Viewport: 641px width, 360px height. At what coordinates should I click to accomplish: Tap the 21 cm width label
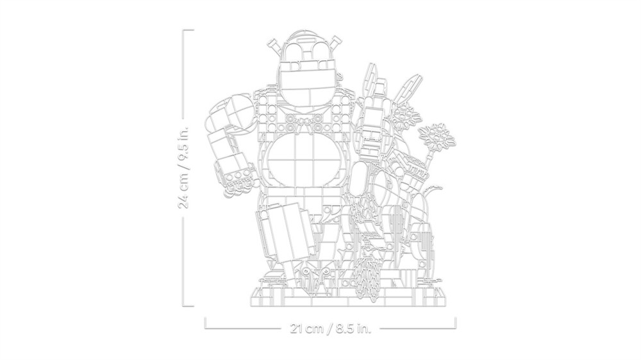point(306,328)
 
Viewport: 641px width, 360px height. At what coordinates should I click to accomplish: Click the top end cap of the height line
point(188,30)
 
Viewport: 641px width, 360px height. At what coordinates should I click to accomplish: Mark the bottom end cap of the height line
point(188,306)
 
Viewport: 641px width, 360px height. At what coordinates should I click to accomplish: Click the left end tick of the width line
point(205,323)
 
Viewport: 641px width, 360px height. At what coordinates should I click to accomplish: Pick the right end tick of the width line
point(455,323)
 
